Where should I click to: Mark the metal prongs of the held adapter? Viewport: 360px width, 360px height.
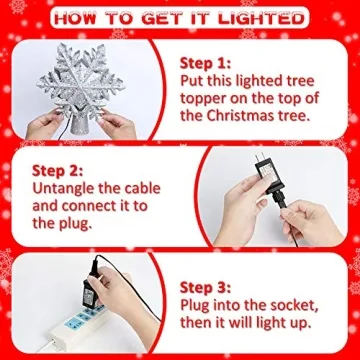(x=262, y=159)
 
